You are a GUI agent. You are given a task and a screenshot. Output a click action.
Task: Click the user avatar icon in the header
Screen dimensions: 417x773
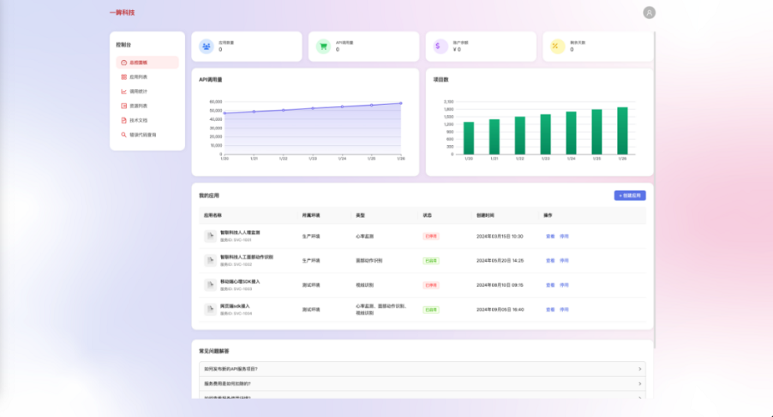pos(650,13)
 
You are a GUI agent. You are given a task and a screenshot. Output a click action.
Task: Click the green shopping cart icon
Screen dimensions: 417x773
pos(323,47)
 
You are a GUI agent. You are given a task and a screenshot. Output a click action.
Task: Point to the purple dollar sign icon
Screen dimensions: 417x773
pos(439,47)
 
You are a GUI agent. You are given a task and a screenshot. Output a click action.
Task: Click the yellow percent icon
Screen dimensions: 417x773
pos(557,47)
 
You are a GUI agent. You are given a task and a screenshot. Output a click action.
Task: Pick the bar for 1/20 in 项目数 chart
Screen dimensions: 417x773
pos(469,138)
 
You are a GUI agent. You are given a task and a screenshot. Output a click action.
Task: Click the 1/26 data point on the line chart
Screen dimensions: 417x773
pos(400,103)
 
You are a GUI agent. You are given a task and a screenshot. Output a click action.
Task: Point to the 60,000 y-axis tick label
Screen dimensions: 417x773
pos(215,102)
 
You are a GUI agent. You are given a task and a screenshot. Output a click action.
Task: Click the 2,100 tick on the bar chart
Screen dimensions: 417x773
pos(449,102)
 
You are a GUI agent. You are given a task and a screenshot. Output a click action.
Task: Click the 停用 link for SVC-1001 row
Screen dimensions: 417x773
pos(564,236)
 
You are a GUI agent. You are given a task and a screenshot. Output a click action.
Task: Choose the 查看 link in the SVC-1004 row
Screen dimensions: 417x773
pos(550,309)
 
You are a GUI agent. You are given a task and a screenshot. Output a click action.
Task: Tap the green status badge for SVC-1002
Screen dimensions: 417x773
pos(431,260)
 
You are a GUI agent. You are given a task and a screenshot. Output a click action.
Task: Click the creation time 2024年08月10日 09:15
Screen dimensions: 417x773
pos(499,285)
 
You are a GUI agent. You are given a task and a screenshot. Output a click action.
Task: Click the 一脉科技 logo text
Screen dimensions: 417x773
pos(122,13)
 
